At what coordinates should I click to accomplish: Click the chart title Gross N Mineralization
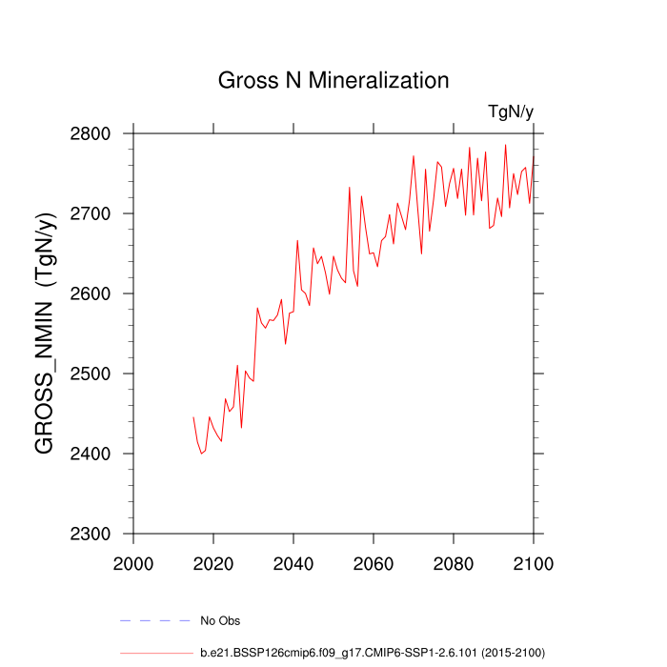tap(333, 80)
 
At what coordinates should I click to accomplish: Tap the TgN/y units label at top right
tap(511, 112)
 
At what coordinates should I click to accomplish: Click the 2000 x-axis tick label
tap(133, 563)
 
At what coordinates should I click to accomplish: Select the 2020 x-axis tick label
tap(213, 563)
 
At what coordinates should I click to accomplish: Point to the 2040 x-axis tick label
tap(293, 563)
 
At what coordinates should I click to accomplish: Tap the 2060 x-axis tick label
tap(373, 563)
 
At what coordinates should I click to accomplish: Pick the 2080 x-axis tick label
tap(453, 563)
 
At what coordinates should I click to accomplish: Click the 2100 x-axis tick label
tap(533, 563)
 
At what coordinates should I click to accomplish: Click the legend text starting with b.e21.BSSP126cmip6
tap(372, 654)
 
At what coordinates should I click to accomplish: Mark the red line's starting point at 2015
tap(193, 416)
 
